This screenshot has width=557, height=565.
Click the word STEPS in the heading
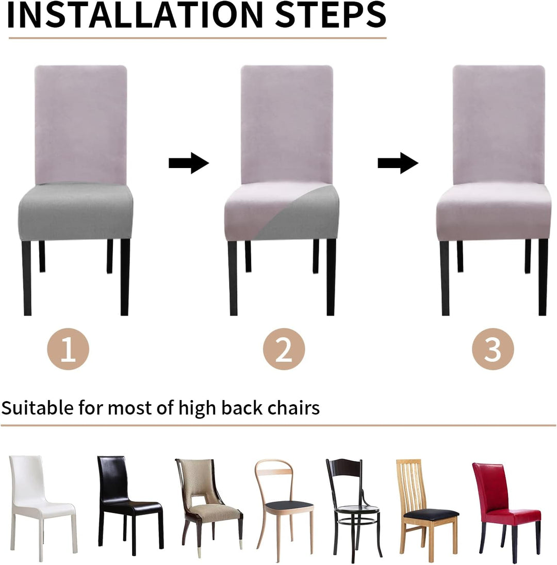331,15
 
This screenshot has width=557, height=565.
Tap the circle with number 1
68,349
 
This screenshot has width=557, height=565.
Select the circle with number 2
284,349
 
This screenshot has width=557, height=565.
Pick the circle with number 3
493,349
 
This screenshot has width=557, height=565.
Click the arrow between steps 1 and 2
189,163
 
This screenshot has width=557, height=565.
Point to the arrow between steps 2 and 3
398,163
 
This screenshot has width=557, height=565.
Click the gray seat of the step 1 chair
76,212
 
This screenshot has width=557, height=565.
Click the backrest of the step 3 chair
499,124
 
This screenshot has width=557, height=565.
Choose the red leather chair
506,508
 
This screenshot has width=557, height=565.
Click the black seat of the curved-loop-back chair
289,505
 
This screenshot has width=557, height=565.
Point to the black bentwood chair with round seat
353,508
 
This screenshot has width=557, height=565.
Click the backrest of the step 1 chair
81,124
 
